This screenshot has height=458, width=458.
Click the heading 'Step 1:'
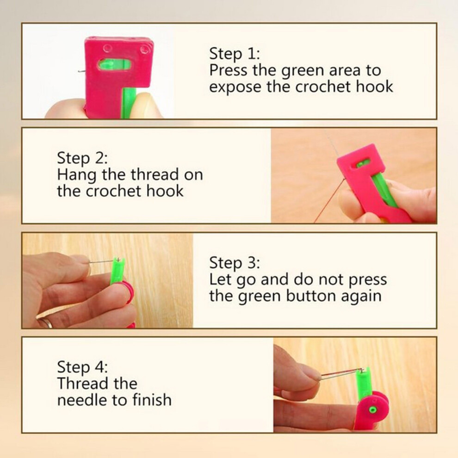click(235, 54)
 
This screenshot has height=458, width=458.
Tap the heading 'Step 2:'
click(82, 158)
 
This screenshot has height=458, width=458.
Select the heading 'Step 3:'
click(235, 263)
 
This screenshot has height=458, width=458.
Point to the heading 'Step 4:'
click(82, 367)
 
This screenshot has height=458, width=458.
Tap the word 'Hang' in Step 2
click(77, 175)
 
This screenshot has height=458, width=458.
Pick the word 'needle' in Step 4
click(83, 400)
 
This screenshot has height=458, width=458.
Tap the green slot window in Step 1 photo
click(114, 64)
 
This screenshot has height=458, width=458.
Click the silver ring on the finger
click(45, 322)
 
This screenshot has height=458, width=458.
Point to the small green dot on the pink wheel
click(372, 410)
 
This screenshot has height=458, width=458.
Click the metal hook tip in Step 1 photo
click(80, 70)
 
